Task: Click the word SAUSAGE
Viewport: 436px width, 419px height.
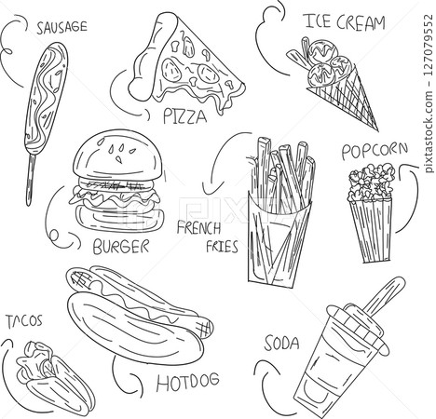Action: click(x=61, y=27)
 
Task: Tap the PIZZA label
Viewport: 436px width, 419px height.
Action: click(x=184, y=116)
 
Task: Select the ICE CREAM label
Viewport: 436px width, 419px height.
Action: click(x=345, y=21)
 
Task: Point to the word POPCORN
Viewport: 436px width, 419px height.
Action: click(x=375, y=151)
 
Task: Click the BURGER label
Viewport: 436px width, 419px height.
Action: click(x=121, y=247)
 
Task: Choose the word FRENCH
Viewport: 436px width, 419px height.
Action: click(x=198, y=227)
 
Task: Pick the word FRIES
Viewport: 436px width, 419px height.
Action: click(x=222, y=247)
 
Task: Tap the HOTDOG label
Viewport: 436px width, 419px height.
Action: click(x=187, y=382)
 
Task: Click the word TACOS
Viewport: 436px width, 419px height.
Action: click(x=24, y=321)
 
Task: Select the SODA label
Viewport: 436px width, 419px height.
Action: click(x=281, y=344)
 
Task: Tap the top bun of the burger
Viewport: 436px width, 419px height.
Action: click(x=117, y=155)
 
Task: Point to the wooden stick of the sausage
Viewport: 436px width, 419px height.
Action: click(x=31, y=180)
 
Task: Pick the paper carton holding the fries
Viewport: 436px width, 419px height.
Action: click(x=278, y=239)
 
